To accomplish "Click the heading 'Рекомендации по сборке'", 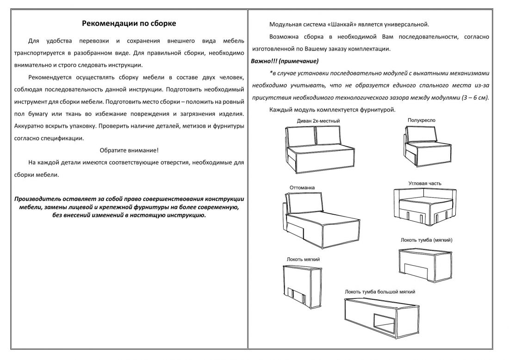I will pos(129,23).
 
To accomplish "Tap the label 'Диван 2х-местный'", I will pos(319,121).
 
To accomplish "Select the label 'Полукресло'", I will pos(421,120).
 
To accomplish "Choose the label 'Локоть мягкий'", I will pos(304,259).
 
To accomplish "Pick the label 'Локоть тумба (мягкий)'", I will pos(426,240).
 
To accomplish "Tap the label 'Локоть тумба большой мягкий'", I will pos(380,292).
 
